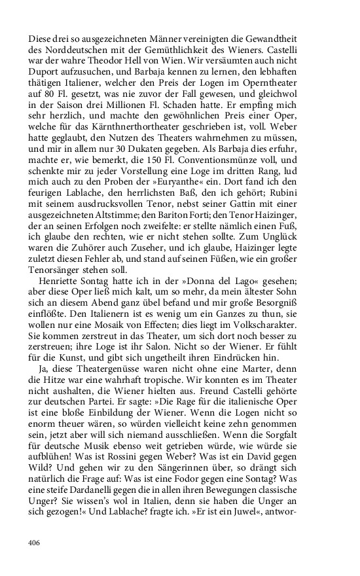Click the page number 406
click(x=34, y=543)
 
